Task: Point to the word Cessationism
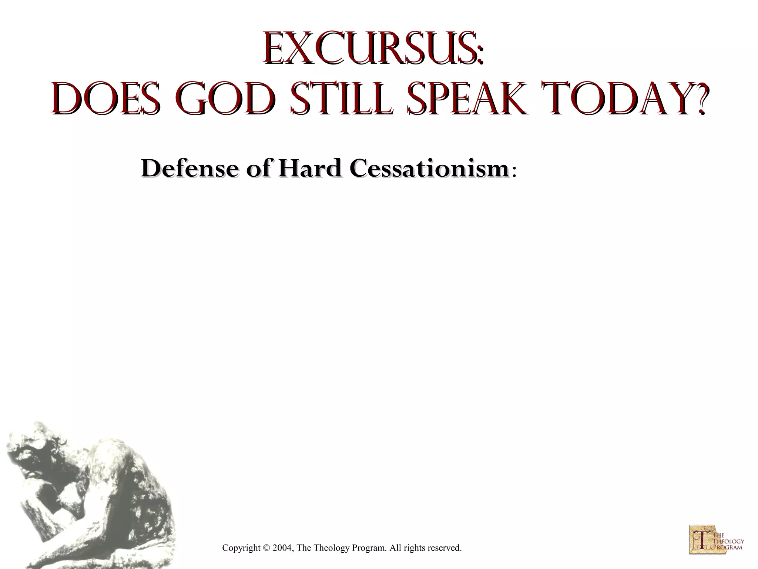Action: point(430,169)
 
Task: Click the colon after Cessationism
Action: point(514,172)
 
